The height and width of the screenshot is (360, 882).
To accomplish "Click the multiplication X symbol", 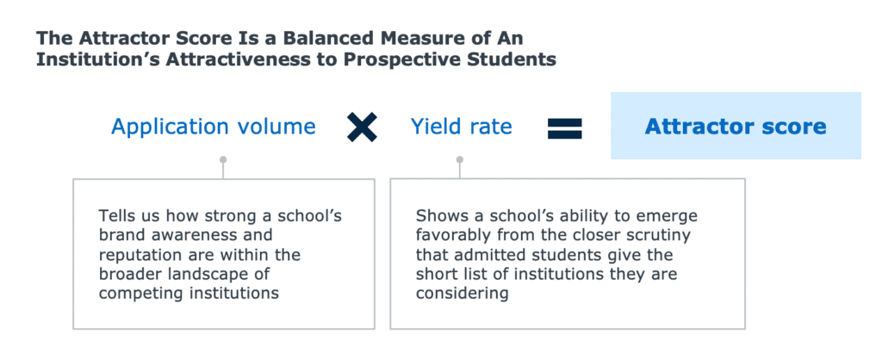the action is (x=362, y=127).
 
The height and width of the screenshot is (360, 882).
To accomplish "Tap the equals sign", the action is (x=565, y=127).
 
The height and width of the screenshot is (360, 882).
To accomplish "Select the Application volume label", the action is (x=214, y=127).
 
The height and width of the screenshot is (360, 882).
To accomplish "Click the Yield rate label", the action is (x=462, y=127).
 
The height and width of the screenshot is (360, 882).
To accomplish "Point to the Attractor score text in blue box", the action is (x=736, y=126).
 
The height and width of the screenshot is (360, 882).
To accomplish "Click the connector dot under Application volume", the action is (x=223, y=159).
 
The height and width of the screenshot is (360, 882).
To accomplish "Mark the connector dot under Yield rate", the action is (x=460, y=159).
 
